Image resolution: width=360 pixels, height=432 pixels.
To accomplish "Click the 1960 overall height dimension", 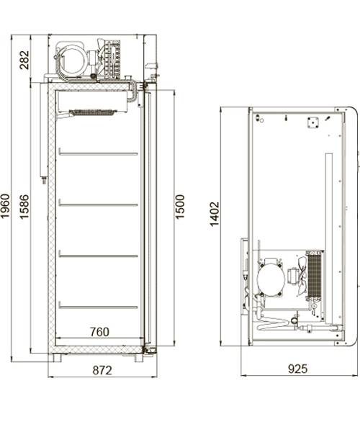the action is tap(5, 205).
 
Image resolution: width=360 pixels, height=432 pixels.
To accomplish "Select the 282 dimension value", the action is tap(24, 60).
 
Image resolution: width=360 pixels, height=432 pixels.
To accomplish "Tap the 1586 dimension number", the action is tap(24, 207).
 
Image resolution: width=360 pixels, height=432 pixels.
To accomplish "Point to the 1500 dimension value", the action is tap(180, 207).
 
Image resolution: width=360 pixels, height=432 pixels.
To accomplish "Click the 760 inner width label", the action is tap(99, 332).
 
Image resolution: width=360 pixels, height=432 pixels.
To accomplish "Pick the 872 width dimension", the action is tap(102, 370).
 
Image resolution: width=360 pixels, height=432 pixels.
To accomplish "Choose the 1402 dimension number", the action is tap(215, 214).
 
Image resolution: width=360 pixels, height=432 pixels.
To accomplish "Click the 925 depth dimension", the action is tap(297, 369).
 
